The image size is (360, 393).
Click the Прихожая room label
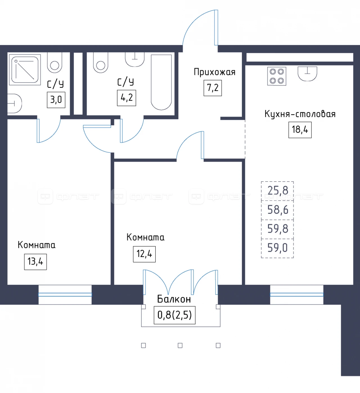point(215,72)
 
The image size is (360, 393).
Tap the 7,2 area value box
point(213,88)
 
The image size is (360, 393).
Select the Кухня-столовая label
point(300,114)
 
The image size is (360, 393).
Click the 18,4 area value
point(300,130)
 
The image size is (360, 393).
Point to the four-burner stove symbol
point(276,76)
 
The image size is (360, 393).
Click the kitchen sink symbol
point(307,74)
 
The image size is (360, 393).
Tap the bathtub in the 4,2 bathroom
point(161,82)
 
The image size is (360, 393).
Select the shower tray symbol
point(25,70)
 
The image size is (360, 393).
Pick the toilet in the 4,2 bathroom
point(101,63)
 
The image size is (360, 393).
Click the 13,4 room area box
point(35,262)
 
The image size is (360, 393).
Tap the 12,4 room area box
point(144,254)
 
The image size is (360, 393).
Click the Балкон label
point(174,299)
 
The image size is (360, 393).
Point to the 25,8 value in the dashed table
point(278,190)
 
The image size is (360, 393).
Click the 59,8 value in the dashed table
point(278,229)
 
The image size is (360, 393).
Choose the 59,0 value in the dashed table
point(278,248)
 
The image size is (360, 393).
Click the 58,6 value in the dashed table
point(278,210)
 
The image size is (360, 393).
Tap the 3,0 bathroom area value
point(56,100)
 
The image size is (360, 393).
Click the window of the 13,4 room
point(65,295)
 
